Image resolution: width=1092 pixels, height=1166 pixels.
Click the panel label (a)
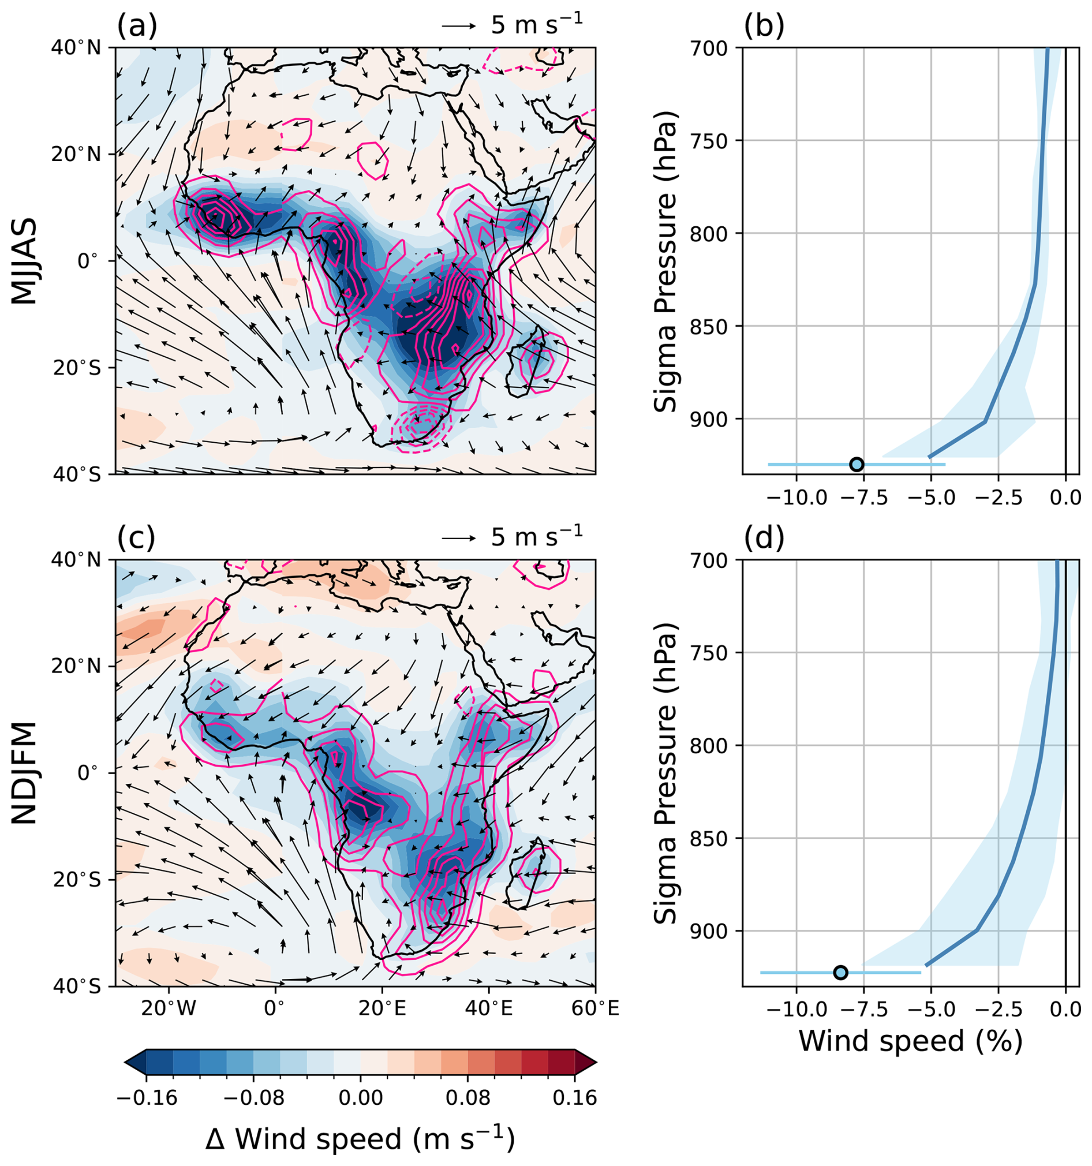(x=137, y=27)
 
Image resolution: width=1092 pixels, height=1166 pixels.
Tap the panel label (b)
(x=764, y=27)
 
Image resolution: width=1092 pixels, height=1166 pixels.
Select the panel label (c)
(x=136, y=537)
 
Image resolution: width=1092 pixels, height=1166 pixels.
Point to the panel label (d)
(x=764, y=537)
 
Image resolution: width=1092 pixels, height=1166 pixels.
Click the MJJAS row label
(x=25, y=261)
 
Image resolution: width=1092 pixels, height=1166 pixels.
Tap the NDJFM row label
(x=25, y=773)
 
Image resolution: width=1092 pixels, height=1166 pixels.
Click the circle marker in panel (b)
(x=857, y=464)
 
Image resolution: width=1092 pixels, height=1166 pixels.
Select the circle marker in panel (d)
(x=840, y=973)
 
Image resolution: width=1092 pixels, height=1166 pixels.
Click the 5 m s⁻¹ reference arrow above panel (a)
(x=459, y=27)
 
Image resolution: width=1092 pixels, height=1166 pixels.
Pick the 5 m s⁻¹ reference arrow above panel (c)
(x=459, y=537)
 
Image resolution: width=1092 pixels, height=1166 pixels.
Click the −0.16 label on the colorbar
(x=147, y=1097)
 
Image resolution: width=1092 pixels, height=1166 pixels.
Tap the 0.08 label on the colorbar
(x=468, y=1097)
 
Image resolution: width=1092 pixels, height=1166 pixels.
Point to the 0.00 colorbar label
(x=360, y=1097)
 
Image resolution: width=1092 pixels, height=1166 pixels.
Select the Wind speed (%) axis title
(x=910, y=1041)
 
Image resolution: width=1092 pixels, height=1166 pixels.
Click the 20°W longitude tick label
(x=169, y=1009)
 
